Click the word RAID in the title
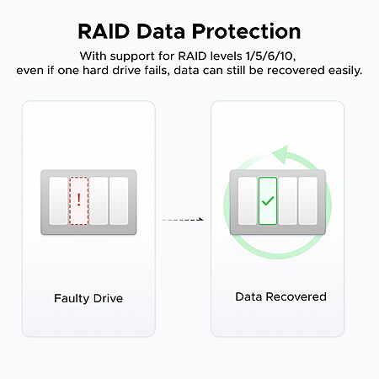click(x=104, y=31)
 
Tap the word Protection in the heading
click(x=247, y=31)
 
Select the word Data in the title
click(x=161, y=31)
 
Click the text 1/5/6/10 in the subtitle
click(x=270, y=56)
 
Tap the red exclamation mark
click(x=79, y=200)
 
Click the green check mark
click(x=268, y=200)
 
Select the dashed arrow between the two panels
click(x=183, y=220)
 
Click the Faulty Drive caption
click(x=88, y=298)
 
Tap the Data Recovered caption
click(x=280, y=296)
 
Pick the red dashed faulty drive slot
click(x=79, y=200)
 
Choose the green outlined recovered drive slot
click(x=268, y=200)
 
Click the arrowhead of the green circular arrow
click(x=280, y=155)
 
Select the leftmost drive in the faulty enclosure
click(x=58, y=200)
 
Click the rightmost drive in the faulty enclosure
click(x=119, y=200)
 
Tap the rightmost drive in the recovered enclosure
click(x=308, y=200)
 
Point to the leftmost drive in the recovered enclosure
click(x=248, y=200)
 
